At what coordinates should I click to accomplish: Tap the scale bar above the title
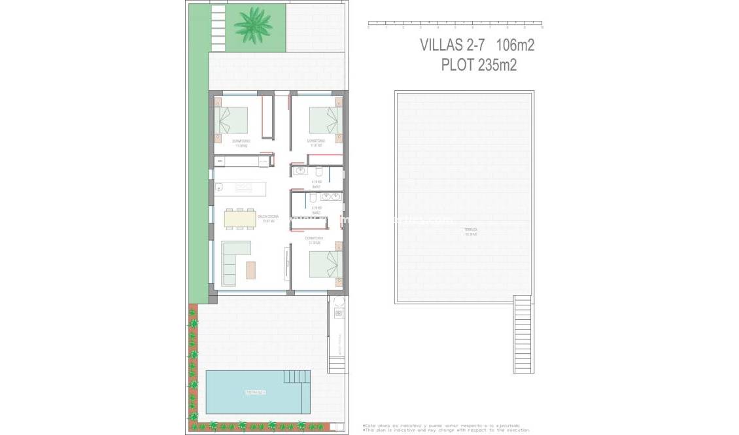(x=455, y=25)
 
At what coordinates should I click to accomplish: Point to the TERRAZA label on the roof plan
(x=471, y=231)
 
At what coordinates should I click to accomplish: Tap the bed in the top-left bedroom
(x=233, y=120)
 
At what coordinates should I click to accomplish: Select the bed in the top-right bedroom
(x=325, y=120)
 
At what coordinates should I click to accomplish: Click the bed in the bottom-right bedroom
(x=325, y=264)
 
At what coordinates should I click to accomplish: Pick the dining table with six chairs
(x=240, y=218)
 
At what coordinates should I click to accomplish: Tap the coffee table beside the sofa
(x=251, y=270)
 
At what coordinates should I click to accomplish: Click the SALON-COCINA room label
(x=266, y=218)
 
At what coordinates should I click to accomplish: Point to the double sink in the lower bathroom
(x=330, y=196)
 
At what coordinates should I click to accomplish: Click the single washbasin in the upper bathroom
(x=300, y=171)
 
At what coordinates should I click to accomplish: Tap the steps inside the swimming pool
(x=298, y=377)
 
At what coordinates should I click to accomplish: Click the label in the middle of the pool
(x=256, y=392)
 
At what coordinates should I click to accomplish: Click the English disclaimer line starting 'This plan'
(x=447, y=430)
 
